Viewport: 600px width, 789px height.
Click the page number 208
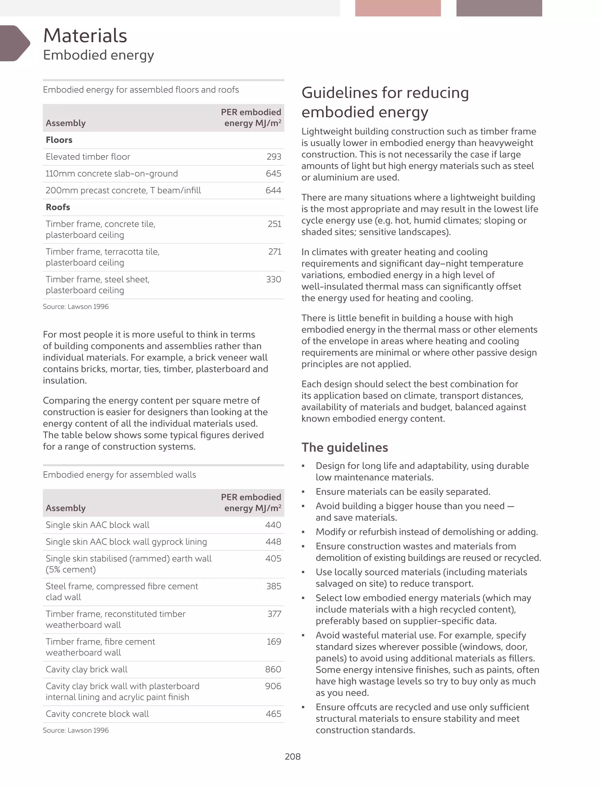(292, 756)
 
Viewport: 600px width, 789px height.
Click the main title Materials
(85, 36)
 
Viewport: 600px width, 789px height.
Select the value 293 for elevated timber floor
(274, 157)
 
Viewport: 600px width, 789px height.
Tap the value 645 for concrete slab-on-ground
(274, 174)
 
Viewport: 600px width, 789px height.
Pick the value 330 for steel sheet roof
(274, 279)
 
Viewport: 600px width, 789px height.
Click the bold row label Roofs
(58, 207)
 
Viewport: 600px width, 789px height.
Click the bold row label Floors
(59, 140)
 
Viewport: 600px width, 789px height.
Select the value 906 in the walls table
(273, 686)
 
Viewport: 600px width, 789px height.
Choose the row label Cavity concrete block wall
(97, 714)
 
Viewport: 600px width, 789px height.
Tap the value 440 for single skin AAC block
(273, 525)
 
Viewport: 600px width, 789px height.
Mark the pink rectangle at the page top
(398, 8)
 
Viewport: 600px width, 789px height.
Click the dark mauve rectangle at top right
(499, 8)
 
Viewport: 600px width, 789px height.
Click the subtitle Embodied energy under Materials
(98, 55)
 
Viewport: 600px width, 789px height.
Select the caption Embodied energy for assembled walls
(119, 475)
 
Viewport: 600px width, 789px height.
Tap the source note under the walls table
(76, 730)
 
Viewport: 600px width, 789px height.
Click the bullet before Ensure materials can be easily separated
(303, 492)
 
